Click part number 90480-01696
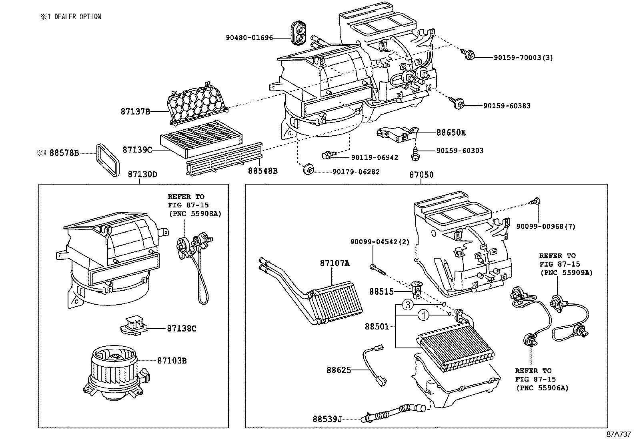click(249, 38)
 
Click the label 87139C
click(137, 150)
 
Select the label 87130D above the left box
click(142, 175)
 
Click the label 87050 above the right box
click(421, 175)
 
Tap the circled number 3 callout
click(407, 305)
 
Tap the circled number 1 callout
click(424, 316)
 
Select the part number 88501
click(377, 327)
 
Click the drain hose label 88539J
click(328, 419)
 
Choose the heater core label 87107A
click(335, 263)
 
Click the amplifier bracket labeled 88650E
click(397, 134)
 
